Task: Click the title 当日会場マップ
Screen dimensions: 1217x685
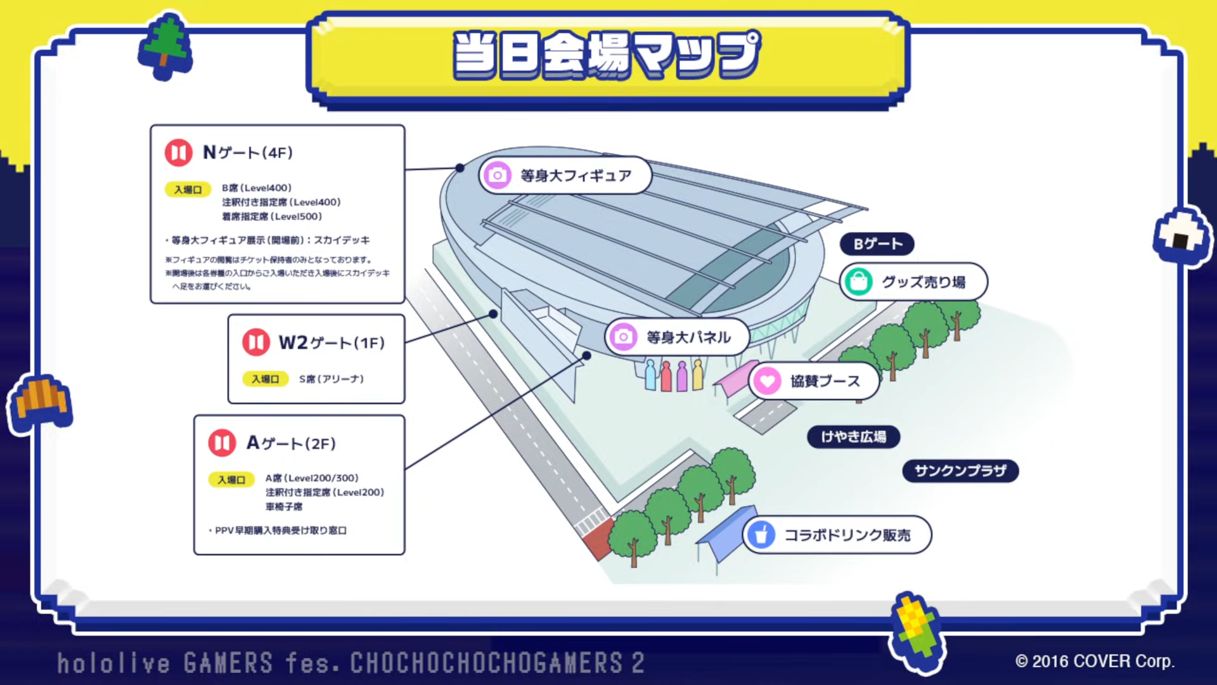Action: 607,55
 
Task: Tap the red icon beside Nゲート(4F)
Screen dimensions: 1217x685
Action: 179,153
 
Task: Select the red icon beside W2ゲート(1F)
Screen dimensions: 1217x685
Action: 256,342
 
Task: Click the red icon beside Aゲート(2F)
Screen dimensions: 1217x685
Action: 222,443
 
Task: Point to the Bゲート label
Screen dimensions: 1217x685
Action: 877,244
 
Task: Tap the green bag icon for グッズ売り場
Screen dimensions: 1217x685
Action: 859,282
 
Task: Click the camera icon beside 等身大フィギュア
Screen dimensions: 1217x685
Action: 498,175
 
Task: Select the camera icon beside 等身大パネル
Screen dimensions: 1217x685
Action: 623,337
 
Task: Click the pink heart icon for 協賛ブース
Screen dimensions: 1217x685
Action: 768,381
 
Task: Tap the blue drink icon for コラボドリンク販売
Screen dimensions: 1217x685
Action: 761,535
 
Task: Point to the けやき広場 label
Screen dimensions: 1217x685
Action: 853,436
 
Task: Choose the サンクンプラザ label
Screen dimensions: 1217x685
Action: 960,471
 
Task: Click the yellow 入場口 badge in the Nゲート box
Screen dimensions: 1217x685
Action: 188,190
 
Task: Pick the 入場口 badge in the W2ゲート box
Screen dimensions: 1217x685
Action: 266,379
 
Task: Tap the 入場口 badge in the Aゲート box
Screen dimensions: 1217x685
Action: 231,480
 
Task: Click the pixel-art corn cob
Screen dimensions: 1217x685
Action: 917,632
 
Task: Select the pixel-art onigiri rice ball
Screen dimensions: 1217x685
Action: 1181,236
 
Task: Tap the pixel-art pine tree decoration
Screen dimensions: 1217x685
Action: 165,46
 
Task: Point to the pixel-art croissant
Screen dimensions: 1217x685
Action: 41,403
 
